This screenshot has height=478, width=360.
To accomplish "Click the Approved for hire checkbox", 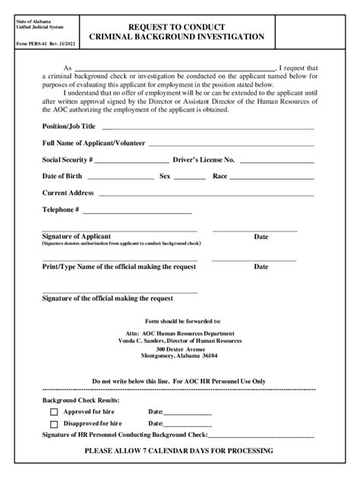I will point(54,412).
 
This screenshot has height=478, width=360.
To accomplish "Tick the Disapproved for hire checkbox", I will point(54,424).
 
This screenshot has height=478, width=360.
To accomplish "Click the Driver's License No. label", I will point(204,160).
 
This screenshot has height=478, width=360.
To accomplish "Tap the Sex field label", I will point(164,176).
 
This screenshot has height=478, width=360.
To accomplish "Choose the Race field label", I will point(219,176).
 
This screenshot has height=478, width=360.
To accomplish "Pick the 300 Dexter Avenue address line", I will point(180,348).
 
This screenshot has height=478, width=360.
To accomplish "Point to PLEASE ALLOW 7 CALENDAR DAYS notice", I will point(179,451).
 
